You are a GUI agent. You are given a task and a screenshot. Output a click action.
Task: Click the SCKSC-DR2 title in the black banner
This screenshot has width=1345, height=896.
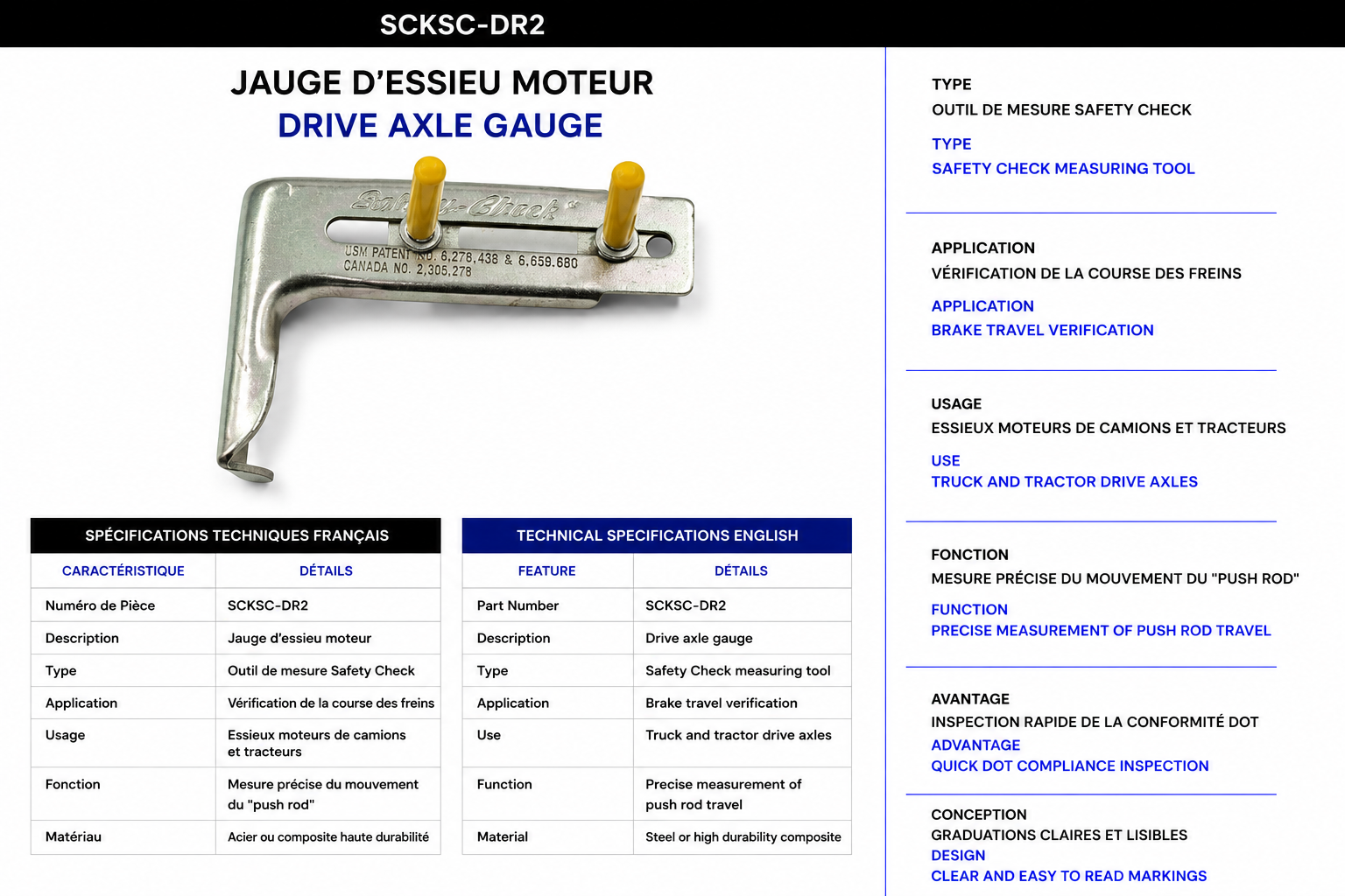(462, 24)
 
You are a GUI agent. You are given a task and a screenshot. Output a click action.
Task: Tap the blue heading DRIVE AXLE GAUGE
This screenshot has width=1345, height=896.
(440, 125)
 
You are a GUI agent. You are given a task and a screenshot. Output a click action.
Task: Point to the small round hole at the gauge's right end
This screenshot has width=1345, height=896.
(658, 246)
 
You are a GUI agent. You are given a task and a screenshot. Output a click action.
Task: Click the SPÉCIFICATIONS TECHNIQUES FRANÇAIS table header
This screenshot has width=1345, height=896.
(236, 535)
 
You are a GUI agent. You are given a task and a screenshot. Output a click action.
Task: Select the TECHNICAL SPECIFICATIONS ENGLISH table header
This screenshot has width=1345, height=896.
(658, 535)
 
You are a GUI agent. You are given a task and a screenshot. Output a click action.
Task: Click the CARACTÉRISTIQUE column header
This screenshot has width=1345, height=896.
(123, 570)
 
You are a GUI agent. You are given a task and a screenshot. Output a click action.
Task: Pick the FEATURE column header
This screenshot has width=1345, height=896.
(547, 570)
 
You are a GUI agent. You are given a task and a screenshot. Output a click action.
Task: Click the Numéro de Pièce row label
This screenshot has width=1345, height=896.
(101, 605)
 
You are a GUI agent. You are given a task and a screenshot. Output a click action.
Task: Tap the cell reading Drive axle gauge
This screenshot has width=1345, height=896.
(699, 638)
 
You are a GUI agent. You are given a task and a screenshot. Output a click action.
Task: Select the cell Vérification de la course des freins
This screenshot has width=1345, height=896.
(331, 703)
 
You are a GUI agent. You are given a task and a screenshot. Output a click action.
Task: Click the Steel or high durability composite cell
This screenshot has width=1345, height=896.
(743, 836)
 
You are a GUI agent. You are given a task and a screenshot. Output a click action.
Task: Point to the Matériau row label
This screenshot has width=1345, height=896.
(74, 836)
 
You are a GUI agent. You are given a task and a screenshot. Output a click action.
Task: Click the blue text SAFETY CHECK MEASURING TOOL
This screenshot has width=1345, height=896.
(1063, 169)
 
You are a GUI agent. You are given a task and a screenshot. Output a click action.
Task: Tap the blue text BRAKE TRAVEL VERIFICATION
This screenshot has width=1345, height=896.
(1042, 330)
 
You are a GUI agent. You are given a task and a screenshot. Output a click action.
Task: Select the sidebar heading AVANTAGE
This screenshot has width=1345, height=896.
(970, 699)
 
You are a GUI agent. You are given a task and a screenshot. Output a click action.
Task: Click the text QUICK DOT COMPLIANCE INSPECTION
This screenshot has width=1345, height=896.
(1070, 766)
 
